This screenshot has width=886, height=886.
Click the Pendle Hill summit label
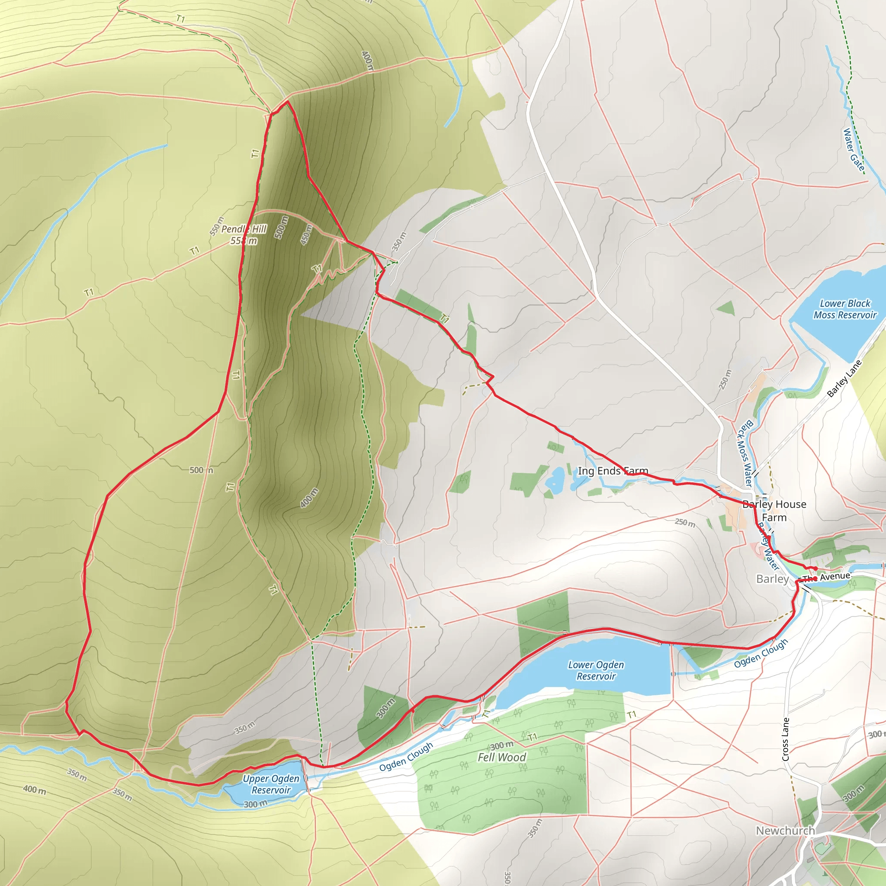pos(244,235)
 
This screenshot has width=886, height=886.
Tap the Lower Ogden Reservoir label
pos(596,671)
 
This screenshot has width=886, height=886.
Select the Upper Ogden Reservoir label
pos(270,784)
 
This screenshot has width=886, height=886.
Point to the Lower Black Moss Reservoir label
pos(845,309)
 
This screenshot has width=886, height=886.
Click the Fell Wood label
pos(502,758)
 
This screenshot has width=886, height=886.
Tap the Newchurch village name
pos(786,831)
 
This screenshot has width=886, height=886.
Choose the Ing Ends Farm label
pos(613,471)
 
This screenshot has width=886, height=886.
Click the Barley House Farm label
pos(774,511)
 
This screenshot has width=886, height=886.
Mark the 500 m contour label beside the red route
pos(201,470)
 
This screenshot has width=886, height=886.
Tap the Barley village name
pos(772,579)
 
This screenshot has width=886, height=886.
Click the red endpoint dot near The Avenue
pos(815,568)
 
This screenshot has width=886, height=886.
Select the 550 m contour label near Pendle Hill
pos(217,226)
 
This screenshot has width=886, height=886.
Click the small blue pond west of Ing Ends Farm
pos(556,480)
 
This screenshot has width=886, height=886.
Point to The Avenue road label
pos(827,577)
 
